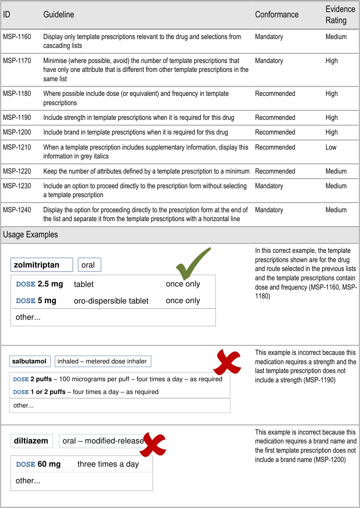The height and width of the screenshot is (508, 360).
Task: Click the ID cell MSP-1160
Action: pos(17,37)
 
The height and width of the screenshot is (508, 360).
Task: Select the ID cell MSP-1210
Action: pos(17,147)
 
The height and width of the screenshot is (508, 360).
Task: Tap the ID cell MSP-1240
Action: pos(17,210)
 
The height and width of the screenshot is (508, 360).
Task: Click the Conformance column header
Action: pos(277,15)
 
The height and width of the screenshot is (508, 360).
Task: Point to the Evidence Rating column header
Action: pos(340,15)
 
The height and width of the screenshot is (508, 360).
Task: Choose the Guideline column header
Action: pos(59,15)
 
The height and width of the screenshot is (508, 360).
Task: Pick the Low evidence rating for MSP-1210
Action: pos(331,147)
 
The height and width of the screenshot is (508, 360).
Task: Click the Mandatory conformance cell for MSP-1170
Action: pos(269,61)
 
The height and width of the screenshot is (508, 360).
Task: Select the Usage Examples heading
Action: pos(31,235)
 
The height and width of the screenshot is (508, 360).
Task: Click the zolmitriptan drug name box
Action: pos(41,265)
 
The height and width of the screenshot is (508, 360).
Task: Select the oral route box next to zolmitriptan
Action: pos(89,265)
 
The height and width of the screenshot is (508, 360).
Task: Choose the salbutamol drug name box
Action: pos(29,361)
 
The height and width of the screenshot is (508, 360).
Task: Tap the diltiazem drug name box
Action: pos(31,441)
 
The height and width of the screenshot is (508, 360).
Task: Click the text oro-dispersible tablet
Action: pos(111,301)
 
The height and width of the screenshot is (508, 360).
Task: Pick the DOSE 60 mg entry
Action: pos(39,464)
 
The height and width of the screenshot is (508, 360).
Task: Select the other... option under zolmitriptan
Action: pos(28,317)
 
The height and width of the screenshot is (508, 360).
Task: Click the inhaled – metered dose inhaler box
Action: pos(102,361)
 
